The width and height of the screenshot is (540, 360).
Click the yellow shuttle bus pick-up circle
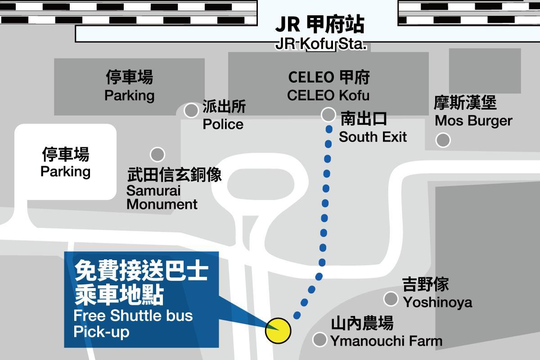coord(278,331)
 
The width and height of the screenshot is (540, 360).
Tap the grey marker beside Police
coord(191,110)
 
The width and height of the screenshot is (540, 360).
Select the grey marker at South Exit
coord(328,114)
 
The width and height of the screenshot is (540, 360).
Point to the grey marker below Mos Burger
coord(443,140)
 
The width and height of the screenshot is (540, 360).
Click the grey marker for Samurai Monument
coord(157,154)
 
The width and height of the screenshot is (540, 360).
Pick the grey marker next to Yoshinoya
coord(391,298)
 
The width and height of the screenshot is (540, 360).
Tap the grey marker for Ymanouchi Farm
coord(319,339)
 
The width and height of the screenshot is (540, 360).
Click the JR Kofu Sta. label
coord(320,44)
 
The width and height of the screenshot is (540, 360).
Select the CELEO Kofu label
coord(328,95)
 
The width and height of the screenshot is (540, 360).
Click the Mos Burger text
coord(473,121)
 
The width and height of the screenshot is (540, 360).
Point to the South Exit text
coord(373,137)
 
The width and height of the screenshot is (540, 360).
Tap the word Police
coord(223,124)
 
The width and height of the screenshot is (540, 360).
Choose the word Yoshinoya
coord(437,302)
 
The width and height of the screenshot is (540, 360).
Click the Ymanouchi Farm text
coord(387,341)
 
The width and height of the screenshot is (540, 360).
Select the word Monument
coord(162,204)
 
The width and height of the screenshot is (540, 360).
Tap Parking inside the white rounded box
coord(65,172)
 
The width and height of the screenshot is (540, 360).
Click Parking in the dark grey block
coord(130,95)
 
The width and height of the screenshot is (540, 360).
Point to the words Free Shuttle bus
coord(133,315)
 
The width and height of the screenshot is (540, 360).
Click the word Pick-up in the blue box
coord(102,332)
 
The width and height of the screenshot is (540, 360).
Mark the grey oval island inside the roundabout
coord(261,184)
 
